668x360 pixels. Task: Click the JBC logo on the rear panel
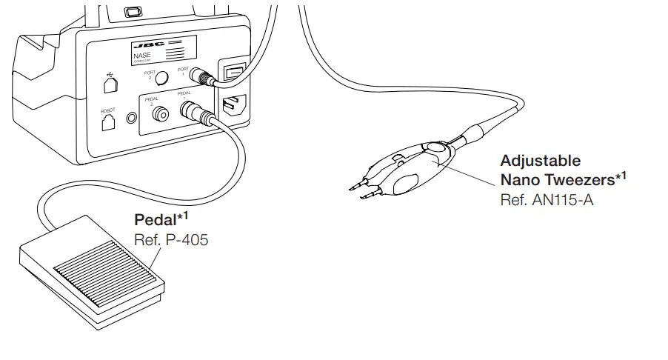[148, 45]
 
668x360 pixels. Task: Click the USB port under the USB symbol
[110, 86]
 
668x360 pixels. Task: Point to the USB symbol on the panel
[110, 73]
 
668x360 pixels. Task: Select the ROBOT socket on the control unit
[108, 122]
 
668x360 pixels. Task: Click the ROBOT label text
[107, 110]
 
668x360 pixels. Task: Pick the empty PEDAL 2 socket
[159, 113]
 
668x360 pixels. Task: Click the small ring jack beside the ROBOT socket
[132, 117]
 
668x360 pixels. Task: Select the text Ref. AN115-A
[547, 200]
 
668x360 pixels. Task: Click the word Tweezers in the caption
[582, 179]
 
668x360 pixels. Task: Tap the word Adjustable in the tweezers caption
[541, 160]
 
